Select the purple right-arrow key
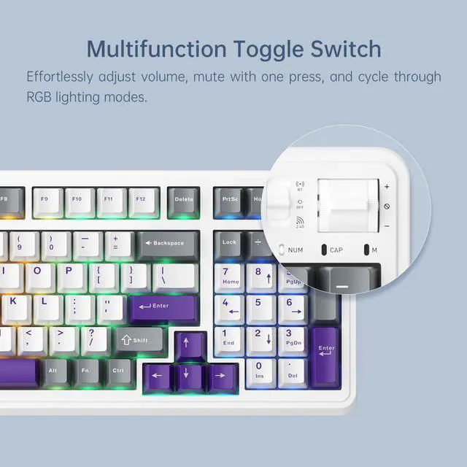pyautogui.click(x=218, y=377)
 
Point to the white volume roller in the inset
pyautogui.click(x=349, y=206)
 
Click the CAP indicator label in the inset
pyautogui.click(x=336, y=250)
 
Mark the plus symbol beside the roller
pyautogui.click(x=387, y=187)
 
